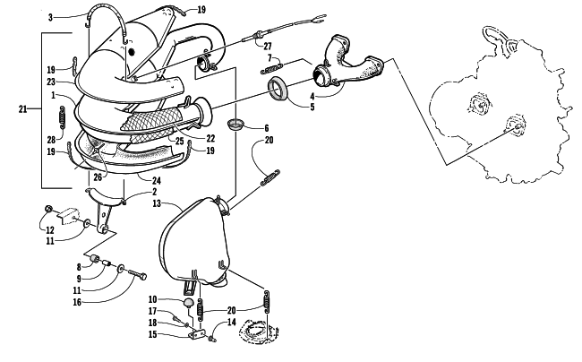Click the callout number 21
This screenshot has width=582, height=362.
pos(22,109)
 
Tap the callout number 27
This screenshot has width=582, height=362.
pos(268,47)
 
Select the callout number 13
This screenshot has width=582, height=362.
pos(157,203)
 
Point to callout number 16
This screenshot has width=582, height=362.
pos(77,302)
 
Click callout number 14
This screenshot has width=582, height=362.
pos(231,322)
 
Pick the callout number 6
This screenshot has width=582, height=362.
pos(266,128)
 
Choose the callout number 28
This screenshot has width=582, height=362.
pos(51,140)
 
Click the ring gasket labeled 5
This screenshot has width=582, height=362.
pos(278,89)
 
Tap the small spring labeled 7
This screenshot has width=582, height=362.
pos(271,69)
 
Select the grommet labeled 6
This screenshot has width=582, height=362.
pos(234,125)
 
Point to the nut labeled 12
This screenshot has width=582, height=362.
pos(48,209)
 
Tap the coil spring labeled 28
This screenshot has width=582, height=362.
pos(63,118)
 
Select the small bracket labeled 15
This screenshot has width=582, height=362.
pos(197,335)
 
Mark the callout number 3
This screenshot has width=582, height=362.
pos(50,17)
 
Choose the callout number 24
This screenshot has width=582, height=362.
pos(157,181)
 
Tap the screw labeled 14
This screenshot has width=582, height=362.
pos(213,339)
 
